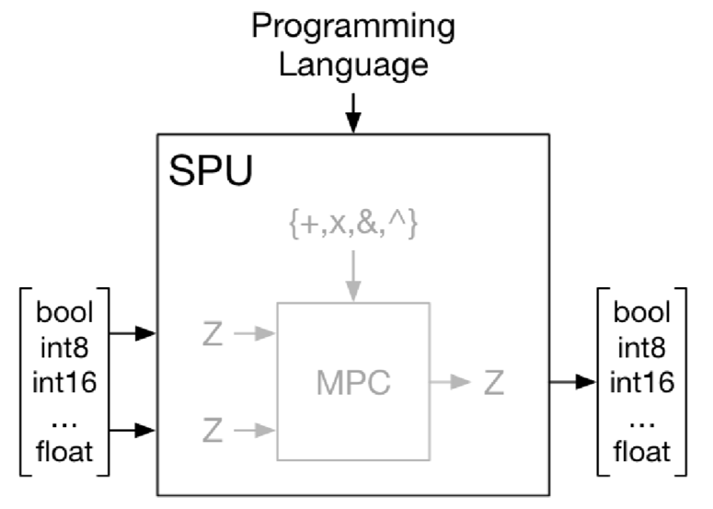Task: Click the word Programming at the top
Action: coord(353,27)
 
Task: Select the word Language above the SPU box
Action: coord(353,65)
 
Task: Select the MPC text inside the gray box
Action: coord(352,382)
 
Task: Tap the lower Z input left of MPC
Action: coord(212,428)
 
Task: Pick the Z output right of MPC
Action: coord(494,382)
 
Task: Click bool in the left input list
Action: coord(66,311)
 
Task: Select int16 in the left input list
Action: coord(66,381)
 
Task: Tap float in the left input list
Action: coord(66,451)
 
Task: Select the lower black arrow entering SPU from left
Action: coord(132,428)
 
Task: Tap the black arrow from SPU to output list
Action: coord(572,382)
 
